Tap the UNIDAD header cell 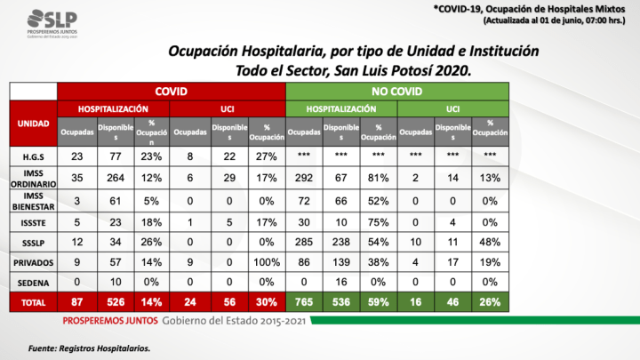coord(33,124)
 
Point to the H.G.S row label coord(33,156)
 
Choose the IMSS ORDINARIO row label coord(33,179)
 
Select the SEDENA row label coord(33,284)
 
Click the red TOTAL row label coord(33,303)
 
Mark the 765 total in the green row coord(305,303)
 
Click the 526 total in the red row coord(115,303)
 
